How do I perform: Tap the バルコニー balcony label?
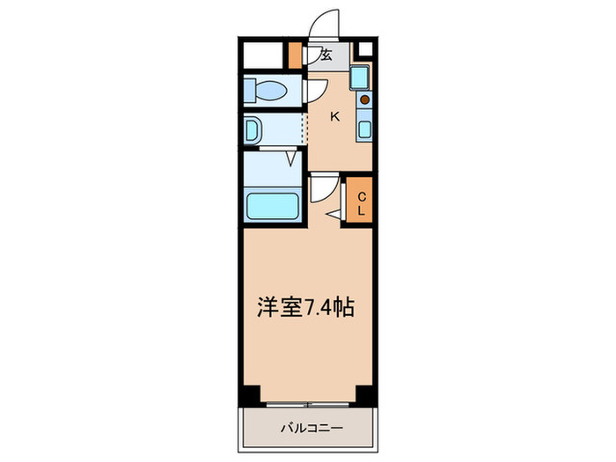(307, 428)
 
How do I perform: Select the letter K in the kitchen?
(334, 116)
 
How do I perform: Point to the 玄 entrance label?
(326, 55)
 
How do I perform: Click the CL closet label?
(361, 204)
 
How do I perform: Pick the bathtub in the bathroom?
(273, 208)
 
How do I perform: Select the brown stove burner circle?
(363, 99)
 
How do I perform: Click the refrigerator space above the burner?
(362, 77)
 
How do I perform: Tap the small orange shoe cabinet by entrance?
(296, 55)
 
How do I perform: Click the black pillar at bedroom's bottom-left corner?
(251, 394)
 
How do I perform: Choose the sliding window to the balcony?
(308, 404)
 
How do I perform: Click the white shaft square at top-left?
(265, 54)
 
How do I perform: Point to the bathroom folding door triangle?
(290, 158)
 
